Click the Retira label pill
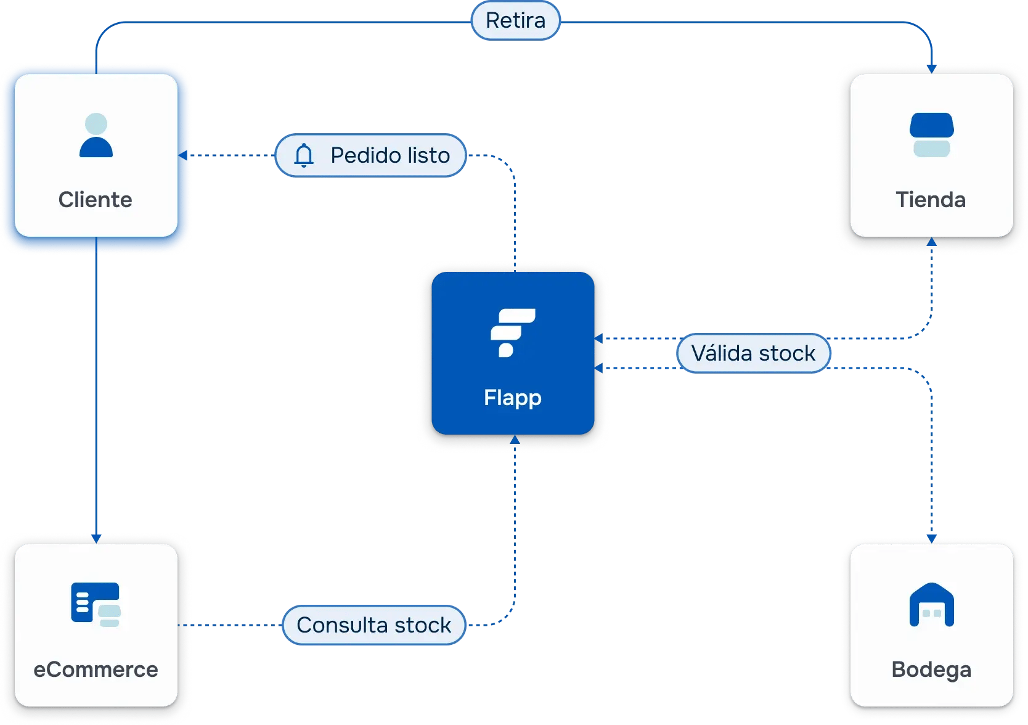[516, 20]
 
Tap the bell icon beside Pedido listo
[304, 155]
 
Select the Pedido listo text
[390, 155]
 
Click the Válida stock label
[753, 353]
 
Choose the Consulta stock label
[373, 625]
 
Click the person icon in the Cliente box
[96, 135]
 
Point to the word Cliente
[96, 200]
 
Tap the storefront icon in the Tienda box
[931, 135]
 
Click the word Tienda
[931, 200]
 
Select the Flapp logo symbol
[512, 332]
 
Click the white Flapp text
[512, 398]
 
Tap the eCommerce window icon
[96, 604]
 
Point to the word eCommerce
[96, 670]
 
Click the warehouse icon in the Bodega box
[931, 605]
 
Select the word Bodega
[931, 670]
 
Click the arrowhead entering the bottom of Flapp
[515, 440]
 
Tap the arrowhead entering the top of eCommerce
[96, 538]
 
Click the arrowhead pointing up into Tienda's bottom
[931, 242]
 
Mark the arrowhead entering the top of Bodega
[931, 539]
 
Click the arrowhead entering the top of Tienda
[931, 69]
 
